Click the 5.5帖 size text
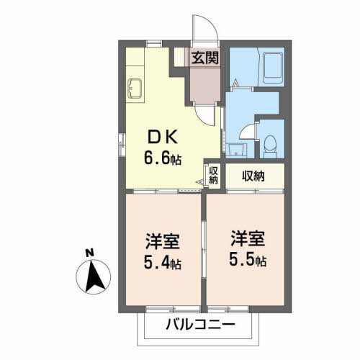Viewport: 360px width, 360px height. [248, 258]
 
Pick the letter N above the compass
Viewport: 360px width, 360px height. [89, 253]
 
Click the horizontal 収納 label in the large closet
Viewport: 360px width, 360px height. [252, 174]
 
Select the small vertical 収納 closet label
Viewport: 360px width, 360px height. [213, 175]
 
